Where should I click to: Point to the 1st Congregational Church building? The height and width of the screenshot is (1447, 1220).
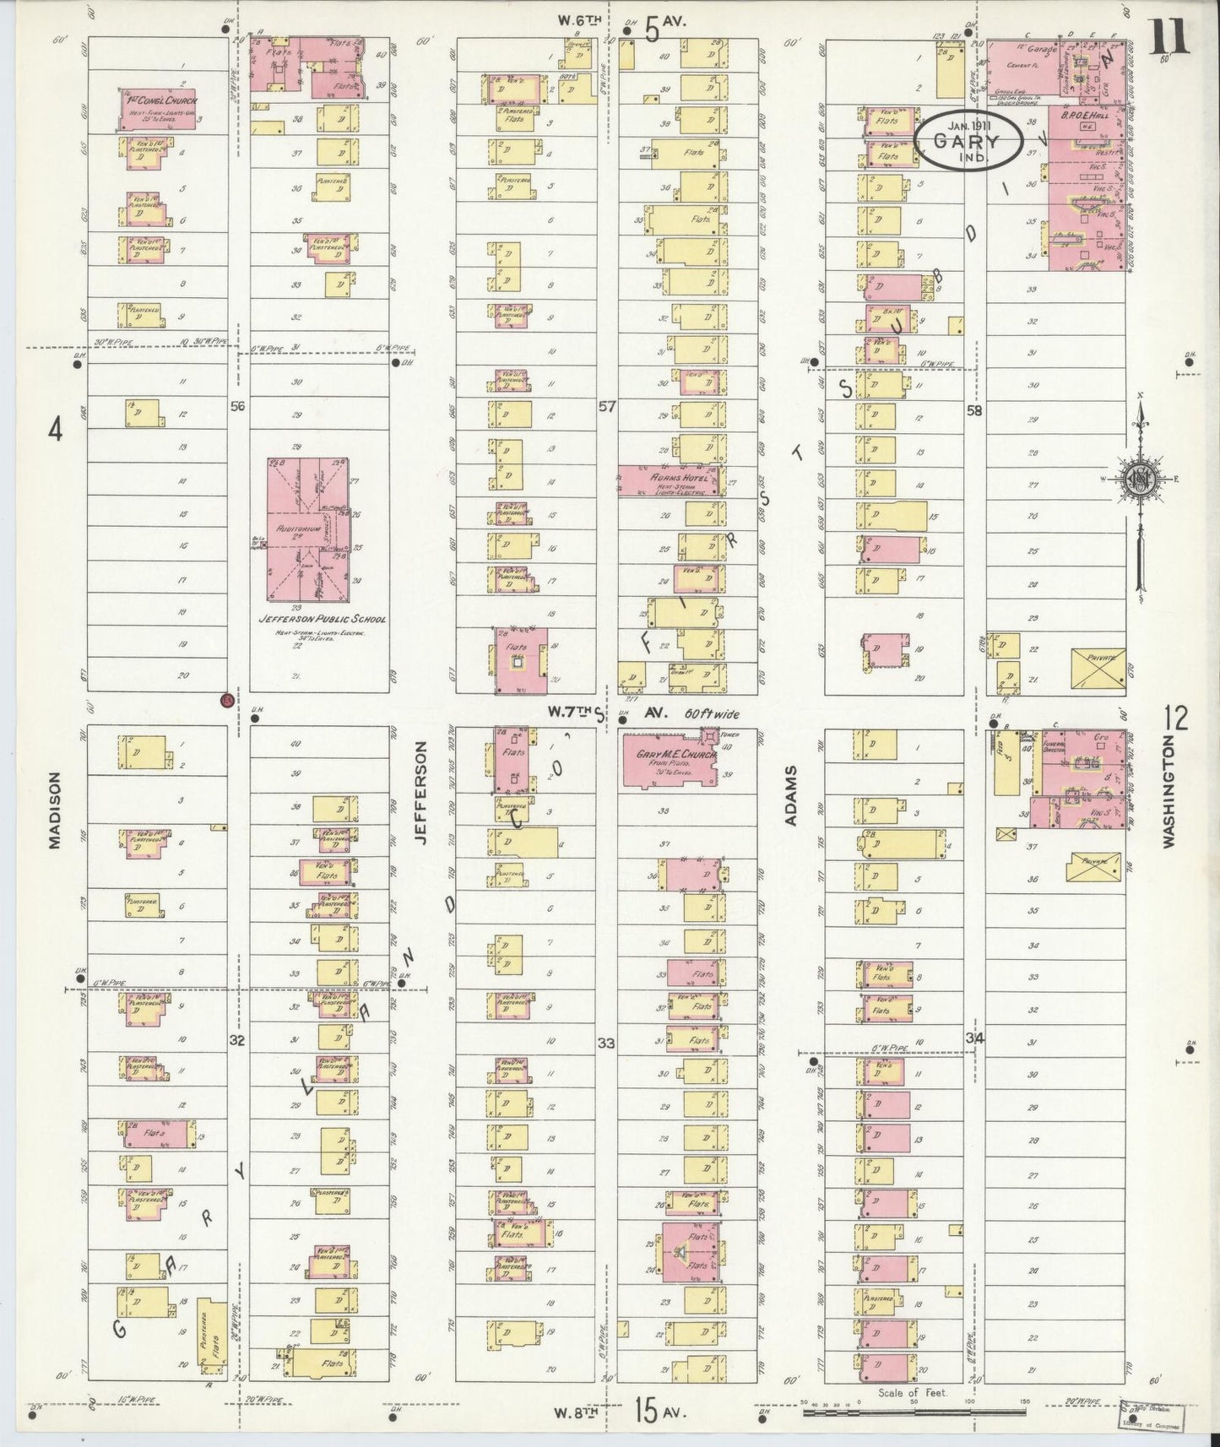tap(158, 110)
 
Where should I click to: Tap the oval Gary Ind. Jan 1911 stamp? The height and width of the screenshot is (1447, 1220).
tap(968, 141)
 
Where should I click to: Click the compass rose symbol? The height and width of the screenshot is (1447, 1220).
tap(1140, 481)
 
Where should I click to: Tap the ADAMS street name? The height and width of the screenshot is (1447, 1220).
tap(792, 798)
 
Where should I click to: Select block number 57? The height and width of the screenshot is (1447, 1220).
tap(608, 407)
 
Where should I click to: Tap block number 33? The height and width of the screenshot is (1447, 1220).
tap(606, 1043)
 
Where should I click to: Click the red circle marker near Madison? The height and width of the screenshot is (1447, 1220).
tap(225, 700)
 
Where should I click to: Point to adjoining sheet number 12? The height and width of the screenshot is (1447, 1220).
tap(1175, 718)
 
